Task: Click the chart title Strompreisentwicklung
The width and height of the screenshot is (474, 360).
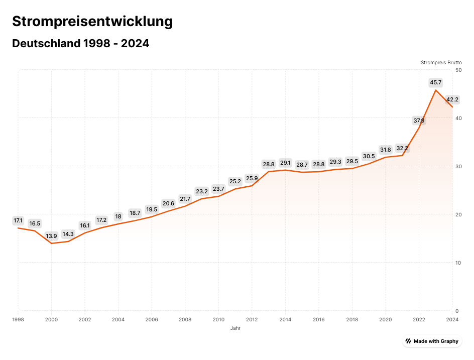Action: tap(92, 22)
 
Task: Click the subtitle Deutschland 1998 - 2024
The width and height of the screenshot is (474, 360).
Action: tap(80, 44)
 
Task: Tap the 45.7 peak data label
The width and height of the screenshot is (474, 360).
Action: tap(435, 82)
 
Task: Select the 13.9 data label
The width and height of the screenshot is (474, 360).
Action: tap(51, 236)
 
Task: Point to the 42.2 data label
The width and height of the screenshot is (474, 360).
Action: tap(452, 99)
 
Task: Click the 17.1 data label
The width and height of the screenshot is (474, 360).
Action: tap(18, 220)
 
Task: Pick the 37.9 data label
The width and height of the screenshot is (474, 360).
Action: tap(419, 121)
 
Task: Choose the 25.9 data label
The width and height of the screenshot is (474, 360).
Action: tap(252, 178)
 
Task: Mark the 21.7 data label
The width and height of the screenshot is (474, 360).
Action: tap(185, 199)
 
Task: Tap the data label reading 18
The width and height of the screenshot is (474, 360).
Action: tap(118, 216)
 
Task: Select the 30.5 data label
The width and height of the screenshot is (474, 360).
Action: tap(369, 156)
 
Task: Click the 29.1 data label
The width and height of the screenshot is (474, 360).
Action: tap(285, 163)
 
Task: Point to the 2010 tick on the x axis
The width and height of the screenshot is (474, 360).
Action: tap(218, 319)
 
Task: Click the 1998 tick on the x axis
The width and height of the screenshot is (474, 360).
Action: tap(18, 319)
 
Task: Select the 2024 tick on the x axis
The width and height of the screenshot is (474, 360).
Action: tap(452, 319)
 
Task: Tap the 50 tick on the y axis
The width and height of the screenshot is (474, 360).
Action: tap(458, 70)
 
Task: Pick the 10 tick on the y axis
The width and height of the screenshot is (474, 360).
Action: tap(458, 263)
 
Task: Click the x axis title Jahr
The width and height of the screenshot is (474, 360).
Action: tap(235, 328)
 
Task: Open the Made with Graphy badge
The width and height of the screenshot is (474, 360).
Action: tap(432, 341)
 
